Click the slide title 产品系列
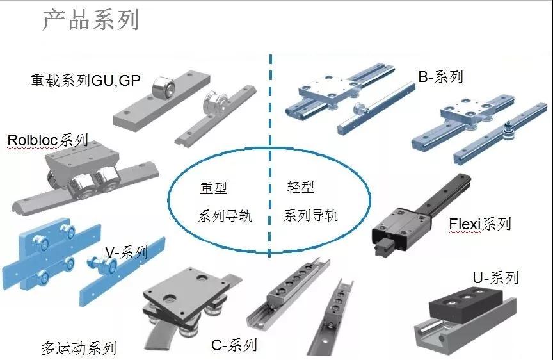(x=90, y=20)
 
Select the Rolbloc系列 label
(x=47, y=140)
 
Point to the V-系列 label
(x=126, y=252)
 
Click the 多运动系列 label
(x=79, y=348)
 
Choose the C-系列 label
(x=234, y=345)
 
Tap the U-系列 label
(x=495, y=278)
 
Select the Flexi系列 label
(x=480, y=224)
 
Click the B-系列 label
(x=440, y=78)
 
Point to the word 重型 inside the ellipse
(x=214, y=188)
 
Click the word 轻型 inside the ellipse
(x=301, y=188)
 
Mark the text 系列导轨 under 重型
(x=225, y=216)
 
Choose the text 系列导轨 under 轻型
(x=310, y=215)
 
